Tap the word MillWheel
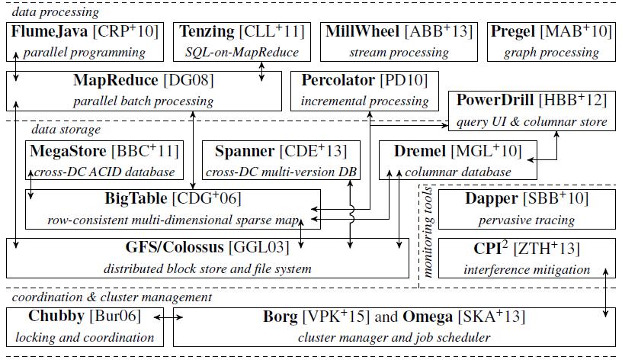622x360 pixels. pyautogui.click(x=362, y=32)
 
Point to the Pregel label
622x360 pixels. pyautogui.click(x=514, y=32)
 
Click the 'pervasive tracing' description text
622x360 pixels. pyautogui.click(x=527, y=220)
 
